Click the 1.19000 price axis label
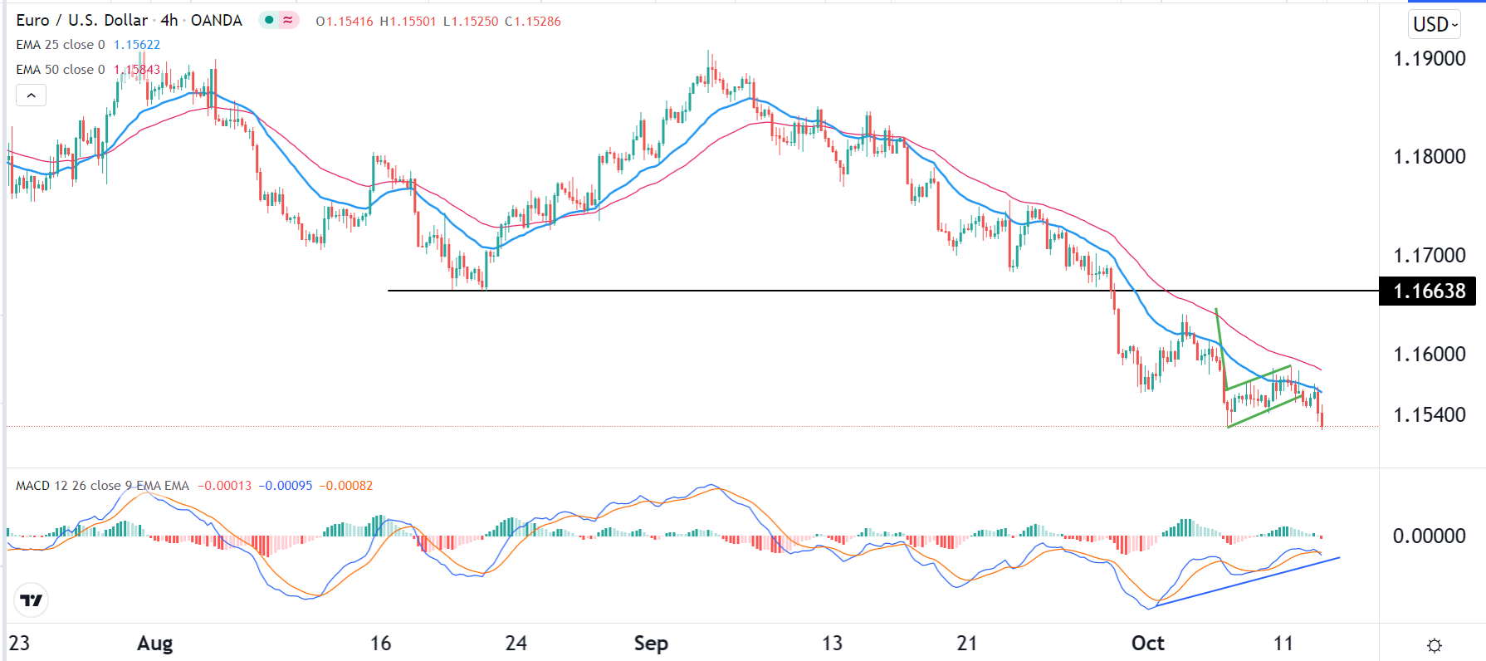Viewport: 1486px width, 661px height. coord(1429,59)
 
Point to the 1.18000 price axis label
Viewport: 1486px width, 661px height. coord(1429,157)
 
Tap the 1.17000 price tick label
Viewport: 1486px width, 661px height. coord(1429,255)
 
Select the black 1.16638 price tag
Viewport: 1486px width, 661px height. coord(1428,291)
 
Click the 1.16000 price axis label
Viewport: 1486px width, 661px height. coord(1429,354)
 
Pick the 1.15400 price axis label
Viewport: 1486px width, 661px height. coord(1429,415)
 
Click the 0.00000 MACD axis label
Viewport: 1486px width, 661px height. coord(1429,536)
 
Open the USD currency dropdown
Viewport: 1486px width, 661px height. coord(1435,25)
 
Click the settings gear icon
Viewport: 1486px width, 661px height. coord(1434,645)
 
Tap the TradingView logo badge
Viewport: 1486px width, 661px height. coord(32,600)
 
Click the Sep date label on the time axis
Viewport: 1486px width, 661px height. coord(651,644)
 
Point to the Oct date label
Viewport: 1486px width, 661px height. coord(1147,644)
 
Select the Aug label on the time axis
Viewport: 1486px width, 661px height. coord(155,644)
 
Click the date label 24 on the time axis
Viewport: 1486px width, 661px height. coord(516,644)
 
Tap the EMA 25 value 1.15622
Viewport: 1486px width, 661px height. coord(137,45)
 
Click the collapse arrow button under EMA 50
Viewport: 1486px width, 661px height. coord(32,95)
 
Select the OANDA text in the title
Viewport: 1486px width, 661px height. coord(217,21)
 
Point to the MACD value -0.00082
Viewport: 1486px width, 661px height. coord(346,486)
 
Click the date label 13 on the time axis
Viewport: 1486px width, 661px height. coord(832,644)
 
